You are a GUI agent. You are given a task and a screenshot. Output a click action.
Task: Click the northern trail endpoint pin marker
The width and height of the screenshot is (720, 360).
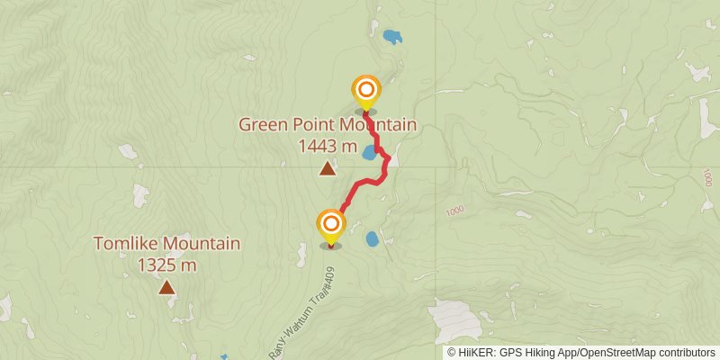(x=366, y=91)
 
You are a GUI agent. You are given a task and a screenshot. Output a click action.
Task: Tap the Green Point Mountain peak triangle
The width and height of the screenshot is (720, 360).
(x=328, y=168)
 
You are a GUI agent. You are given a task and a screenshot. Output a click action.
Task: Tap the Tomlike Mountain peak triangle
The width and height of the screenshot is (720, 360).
(x=166, y=287)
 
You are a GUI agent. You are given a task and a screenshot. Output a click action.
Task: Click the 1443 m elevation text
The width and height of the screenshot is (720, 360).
(x=328, y=146)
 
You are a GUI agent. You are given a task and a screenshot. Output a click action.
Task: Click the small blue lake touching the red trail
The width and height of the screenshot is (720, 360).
(x=369, y=153)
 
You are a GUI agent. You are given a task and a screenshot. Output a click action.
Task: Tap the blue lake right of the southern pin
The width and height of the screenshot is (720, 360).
(x=372, y=239)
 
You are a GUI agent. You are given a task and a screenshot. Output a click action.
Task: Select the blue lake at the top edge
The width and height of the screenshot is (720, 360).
(x=391, y=38)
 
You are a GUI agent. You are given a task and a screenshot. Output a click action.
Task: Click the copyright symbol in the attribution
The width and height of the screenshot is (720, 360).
(x=452, y=352)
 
